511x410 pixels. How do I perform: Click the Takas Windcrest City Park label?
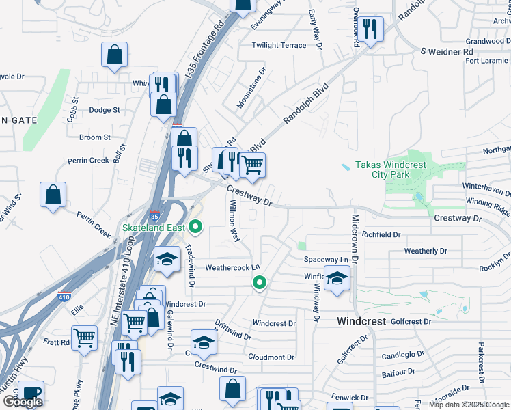tap(390, 170)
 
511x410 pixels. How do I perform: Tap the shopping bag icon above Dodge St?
tap(115, 55)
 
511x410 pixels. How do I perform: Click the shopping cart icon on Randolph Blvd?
tap(252, 165)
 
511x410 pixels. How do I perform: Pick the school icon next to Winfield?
tap(337, 278)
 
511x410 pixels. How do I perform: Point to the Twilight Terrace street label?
tap(279, 45)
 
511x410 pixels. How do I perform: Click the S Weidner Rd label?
tap(447, 51)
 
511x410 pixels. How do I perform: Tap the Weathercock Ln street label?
tap(234, 267)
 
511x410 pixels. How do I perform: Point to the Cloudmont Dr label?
tap(271, 357)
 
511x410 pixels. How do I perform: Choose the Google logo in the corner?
tap(23, 402)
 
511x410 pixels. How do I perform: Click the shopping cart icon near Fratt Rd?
tap(84, 337)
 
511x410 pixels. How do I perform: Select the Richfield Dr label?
tap(381, 234)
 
